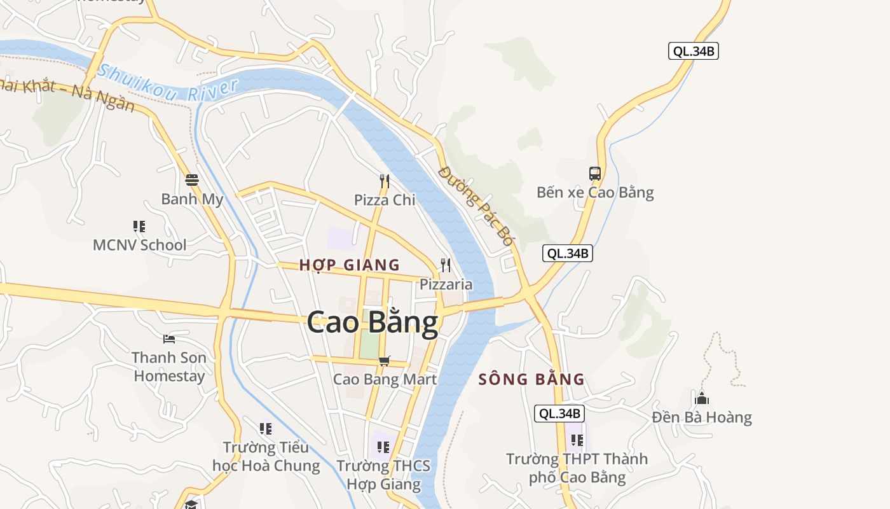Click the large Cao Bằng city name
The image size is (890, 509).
[373, 323]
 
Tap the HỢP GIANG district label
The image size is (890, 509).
[350, 265]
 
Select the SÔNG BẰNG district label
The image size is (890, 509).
[531, 380]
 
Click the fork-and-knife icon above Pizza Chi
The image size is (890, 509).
[384, 181]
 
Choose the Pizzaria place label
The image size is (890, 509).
[446, 284]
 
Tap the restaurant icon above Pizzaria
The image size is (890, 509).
[446, 265]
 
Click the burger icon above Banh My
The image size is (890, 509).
[192, 180]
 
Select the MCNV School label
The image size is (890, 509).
[140, 245]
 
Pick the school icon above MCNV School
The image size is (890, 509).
[139, 226]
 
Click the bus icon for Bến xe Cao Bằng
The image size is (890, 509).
[595, 173]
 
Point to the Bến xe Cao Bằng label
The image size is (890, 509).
[595, 192]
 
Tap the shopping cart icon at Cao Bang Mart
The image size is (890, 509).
[384, 361]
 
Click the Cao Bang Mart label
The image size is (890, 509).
[385, 379]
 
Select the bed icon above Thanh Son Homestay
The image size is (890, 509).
[168, 338]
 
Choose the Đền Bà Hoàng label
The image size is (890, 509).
[702, 417]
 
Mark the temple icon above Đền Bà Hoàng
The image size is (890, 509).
[702, 399]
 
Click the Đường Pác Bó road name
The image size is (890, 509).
[476, 206]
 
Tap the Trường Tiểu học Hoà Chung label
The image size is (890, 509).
[266, 456]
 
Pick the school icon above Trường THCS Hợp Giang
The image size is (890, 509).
[383, 447]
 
